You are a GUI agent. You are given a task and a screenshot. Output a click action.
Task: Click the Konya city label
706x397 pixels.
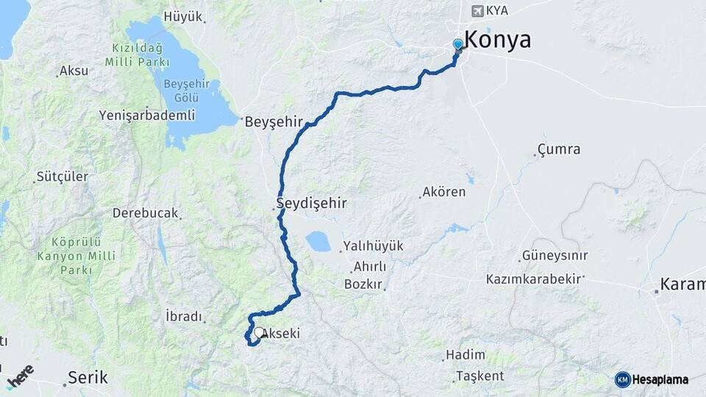pyautogui.click(x=498, y=40)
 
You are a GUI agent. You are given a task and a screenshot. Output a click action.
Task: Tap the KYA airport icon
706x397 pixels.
pyautogui.click(x=478, y=11)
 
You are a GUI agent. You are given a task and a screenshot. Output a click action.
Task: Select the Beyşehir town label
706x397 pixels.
pyautogui.click(x=274, y=121)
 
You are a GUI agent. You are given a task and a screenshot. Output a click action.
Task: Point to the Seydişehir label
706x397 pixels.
pyautogui.click(x=311, y=202)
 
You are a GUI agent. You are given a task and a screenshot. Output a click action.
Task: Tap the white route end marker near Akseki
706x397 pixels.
pyautogui.click(x=259, y=332)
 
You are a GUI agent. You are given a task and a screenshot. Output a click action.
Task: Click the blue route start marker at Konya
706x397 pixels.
pyautogui.click(x=458, y=45)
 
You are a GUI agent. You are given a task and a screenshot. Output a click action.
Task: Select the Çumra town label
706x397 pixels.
pyautogui.click(x=559, y=149)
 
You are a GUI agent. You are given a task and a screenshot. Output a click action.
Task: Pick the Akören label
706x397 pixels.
pyautogui.click(x=443, y=193)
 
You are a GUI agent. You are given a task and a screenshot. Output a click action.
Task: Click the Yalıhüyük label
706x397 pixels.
pyautogui.click(x=373, y=246)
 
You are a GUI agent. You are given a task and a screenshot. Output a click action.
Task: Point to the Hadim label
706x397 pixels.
pyautogui.click(x=466, y=356)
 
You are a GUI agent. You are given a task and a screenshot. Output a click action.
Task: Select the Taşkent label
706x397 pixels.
pyautogui.click(x=479, y=376)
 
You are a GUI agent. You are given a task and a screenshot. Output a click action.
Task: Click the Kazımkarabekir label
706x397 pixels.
pyautogui.click(x=534, y=279)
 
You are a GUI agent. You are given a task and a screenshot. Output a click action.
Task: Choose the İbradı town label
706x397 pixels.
pyautogui.click(x=184, y=316)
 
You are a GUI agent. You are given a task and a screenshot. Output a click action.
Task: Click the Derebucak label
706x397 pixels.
pyautogui.click(x=146, y=213)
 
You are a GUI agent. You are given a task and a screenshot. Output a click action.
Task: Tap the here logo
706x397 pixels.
pyautogui.click(x=20, y=375)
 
